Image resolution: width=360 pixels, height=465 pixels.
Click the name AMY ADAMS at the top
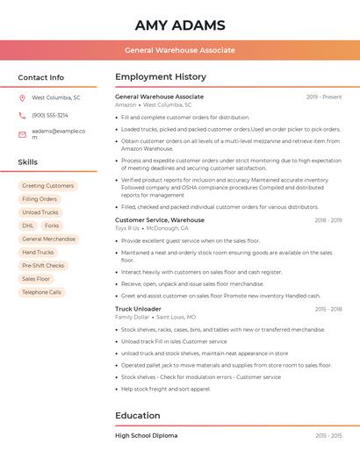click(180, 25)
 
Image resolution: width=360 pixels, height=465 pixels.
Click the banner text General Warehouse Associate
click(180, 50)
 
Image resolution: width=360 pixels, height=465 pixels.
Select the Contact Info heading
click(40, 77)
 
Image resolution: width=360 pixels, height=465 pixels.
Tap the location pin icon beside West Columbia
click(23, 98)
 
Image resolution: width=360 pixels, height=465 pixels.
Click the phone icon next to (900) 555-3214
click(23, 115)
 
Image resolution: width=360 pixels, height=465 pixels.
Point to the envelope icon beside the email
click(23, 134)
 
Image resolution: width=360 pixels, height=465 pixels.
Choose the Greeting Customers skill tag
click(48, 186)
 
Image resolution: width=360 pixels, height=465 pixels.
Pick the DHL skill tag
click(28, 225)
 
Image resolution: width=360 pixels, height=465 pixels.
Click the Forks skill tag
click(52, 225)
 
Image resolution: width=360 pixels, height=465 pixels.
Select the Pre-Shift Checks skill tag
click(43, 266)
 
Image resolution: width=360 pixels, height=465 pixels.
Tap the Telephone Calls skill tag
click(41, 292)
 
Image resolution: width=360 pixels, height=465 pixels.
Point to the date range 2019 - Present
click(324, 97)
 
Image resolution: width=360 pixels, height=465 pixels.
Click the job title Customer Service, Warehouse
click(160, 220)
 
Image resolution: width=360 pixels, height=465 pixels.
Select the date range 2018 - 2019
click(328, 220)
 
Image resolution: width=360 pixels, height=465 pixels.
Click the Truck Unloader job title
click(138, 309)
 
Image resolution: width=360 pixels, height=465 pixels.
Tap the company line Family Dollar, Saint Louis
click(155, 317)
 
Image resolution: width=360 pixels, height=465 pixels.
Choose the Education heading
click(138, 415)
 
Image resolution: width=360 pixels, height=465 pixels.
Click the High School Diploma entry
click(146, 435)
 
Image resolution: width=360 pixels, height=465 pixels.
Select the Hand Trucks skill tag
click(38, 253)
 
